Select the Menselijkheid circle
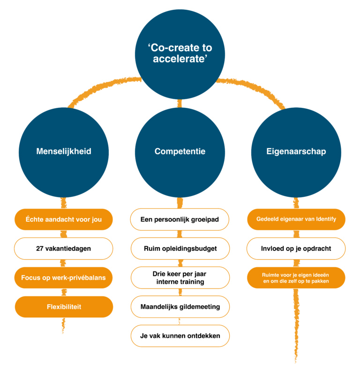[64, 151]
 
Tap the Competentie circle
[180, 151]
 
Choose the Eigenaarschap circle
[296, 151]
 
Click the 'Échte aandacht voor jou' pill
[64, 219]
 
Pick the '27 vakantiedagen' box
[64, 249]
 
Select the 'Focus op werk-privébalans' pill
[64, 278]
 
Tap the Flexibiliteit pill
[64, 307]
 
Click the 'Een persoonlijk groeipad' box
[180, 219]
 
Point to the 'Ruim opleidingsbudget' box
[180, 249]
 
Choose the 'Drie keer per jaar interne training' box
[180, 278]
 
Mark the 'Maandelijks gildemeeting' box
[180, 307]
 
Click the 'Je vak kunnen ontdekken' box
[180, 336]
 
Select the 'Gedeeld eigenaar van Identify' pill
[296, 219]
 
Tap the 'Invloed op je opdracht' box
[296, 249]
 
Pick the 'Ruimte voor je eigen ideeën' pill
[296, 278]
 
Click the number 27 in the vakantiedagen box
[40, 249]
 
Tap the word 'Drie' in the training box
[160, 274]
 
